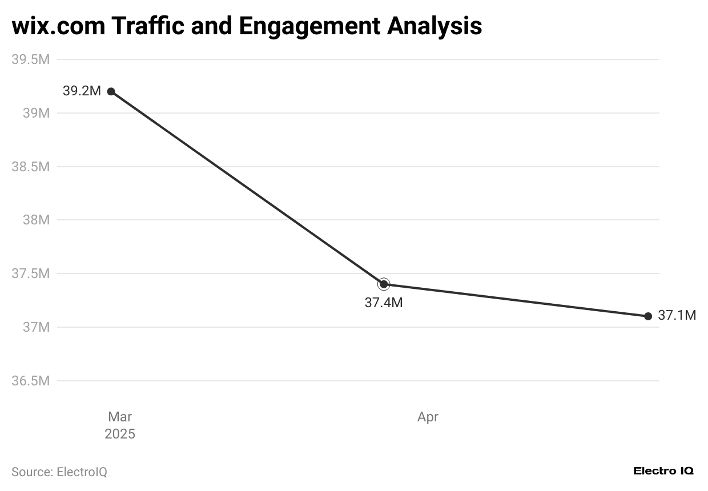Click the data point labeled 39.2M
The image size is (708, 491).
coord(111,91)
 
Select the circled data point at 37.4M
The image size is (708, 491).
coord(384,284)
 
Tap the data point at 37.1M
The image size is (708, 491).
coord(648,316)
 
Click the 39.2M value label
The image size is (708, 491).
coord(82,91)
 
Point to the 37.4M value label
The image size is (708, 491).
coord(384,303)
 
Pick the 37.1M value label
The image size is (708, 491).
coord(677,315)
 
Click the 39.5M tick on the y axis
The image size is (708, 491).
coord(31,59)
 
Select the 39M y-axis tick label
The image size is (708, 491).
coord(36,113)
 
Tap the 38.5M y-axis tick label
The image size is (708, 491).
coord(31,167)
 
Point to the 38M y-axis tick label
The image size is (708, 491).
coord(36,220)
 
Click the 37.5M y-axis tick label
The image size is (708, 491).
coord(31,273)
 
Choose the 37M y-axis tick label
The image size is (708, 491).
coord(36,327)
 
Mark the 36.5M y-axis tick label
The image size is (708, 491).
coord(31,381)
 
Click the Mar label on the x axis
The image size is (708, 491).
coord(120,417)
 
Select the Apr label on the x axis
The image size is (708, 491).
coord(428,417)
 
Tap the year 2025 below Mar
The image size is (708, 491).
coord(120,434)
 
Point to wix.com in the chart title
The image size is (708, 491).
coord(57,26)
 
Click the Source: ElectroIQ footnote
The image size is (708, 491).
coord(59,472)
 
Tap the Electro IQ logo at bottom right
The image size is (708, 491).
coord(663,471)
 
